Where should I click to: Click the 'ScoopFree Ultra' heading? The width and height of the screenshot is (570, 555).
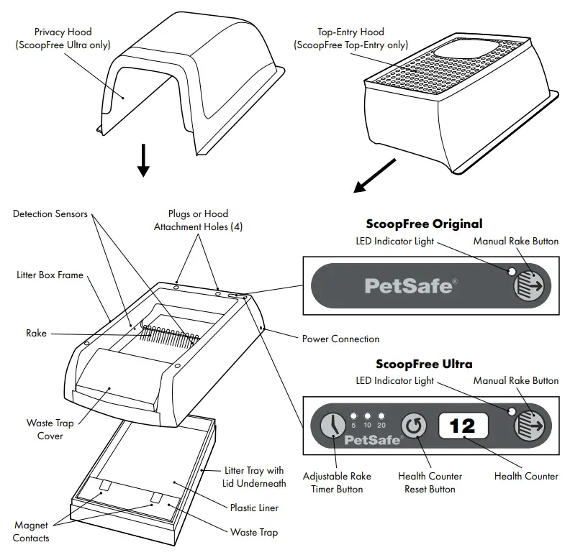tap(424, 364)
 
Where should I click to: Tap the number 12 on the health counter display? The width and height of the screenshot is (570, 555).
tap(463, 426)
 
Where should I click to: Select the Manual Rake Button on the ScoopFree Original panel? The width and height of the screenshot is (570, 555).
tap(531, 285)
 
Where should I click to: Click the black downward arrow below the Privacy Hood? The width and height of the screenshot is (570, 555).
tap(143, 160)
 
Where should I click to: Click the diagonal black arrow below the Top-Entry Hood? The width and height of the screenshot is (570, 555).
tap(374, 177)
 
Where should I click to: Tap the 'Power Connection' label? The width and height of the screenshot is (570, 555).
tap(340, 339)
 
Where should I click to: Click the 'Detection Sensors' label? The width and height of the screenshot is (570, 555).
tap(50, 214)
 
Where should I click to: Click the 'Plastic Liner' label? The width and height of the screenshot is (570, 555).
tap(254, 508)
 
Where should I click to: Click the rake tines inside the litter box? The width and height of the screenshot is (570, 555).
tap(169, 334)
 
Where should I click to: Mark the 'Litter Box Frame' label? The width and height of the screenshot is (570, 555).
tap(50, 275)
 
